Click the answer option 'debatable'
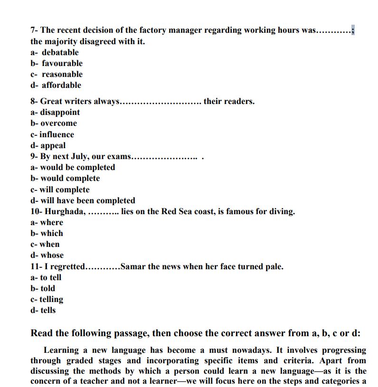60,52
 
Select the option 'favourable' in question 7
62,63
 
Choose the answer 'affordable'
61,85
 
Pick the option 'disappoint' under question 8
60,112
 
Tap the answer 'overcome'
58,123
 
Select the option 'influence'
57,134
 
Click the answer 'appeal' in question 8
53,145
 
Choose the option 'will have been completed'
87,200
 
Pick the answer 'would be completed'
77,167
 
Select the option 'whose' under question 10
52,255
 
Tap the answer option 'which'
51,233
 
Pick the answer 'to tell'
50,277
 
